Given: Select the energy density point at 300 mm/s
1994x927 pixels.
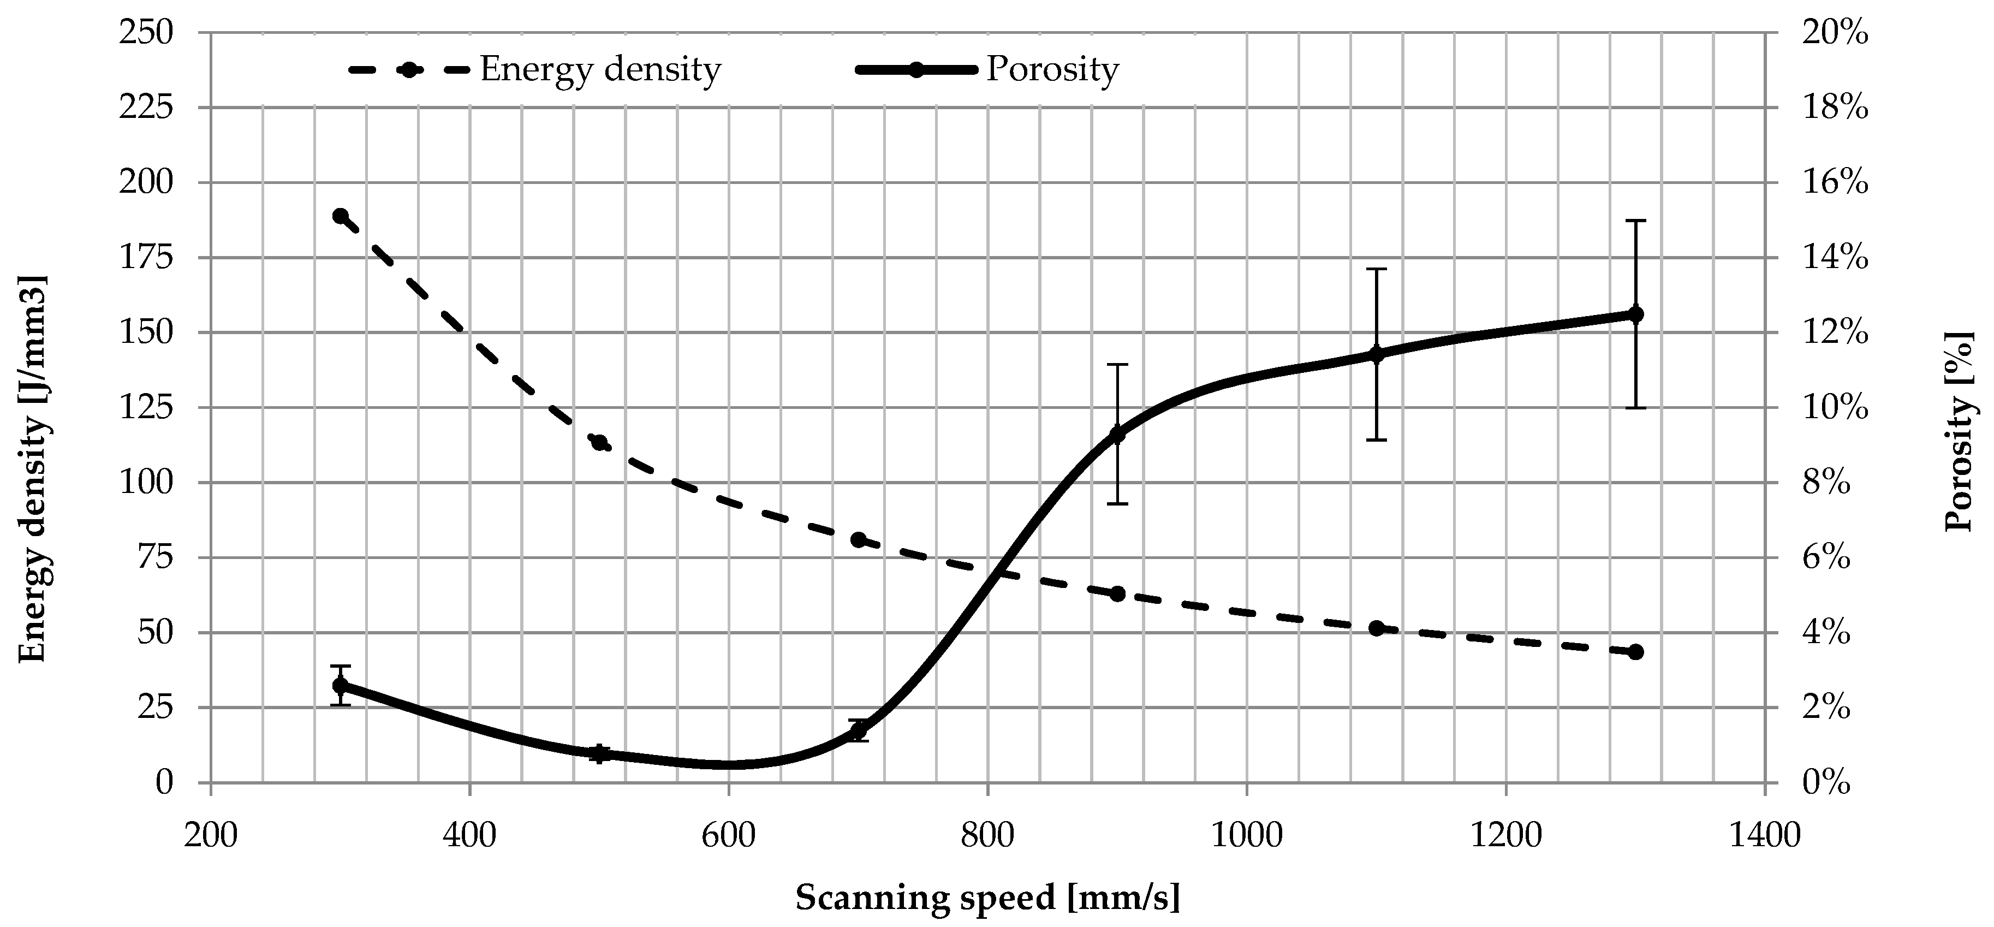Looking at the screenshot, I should pyautogui.click(x=341, y=216).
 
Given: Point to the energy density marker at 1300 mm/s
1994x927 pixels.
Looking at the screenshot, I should pyautogui.click(x=1635, y=652).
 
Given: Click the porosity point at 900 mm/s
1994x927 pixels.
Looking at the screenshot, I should pyautogui.click(x=1117, y=433).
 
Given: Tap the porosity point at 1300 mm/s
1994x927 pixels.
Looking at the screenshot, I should pyautogui.click(x=1635, y=314).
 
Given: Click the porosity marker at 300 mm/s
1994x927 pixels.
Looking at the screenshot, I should pyautogui.click(x=341, y=685).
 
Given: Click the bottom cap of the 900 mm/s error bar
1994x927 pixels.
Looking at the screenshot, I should pyautogui.click(x=1117, y=503).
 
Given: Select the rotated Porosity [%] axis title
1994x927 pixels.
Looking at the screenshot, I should pyautogui.click(x=1959, y=431).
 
